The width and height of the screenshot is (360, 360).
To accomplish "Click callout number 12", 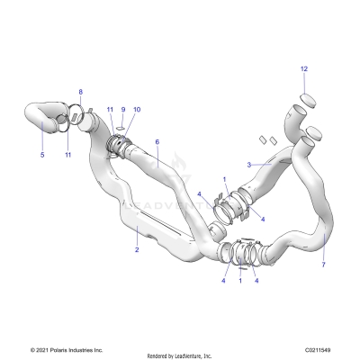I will tap(303, 69).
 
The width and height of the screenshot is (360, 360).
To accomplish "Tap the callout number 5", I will tap(41, 154).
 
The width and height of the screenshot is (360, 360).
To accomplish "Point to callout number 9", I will tap(123, 110).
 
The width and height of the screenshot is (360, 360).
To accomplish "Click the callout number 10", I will tap(137, 110).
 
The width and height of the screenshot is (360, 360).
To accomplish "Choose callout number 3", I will tap(249, 165).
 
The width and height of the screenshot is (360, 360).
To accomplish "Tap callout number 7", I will tap(325, 241).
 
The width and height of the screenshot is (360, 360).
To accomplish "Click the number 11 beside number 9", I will tap(110, 110).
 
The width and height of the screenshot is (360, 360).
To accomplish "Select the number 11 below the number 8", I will tap(67, 156).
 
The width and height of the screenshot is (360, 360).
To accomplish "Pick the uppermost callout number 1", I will tap(224, 179).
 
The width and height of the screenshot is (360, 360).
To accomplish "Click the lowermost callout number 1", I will tap(240, 281).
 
